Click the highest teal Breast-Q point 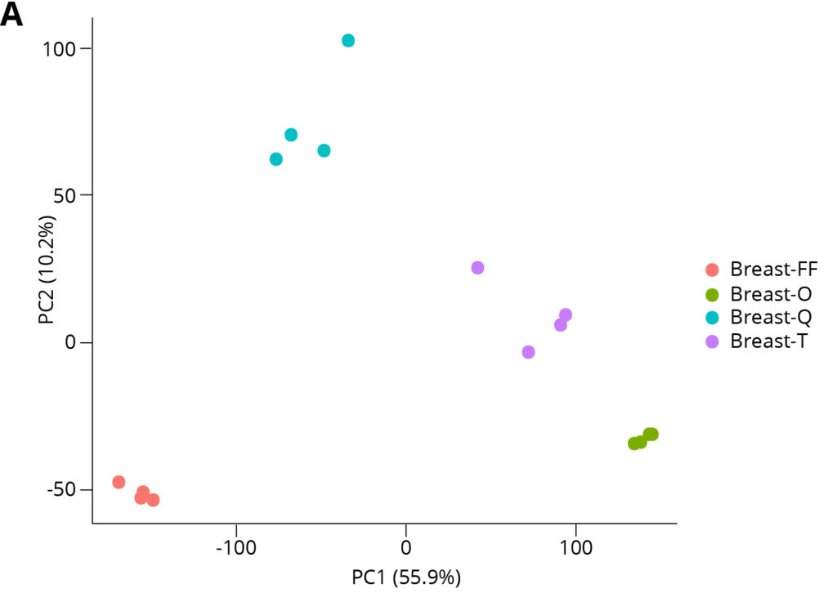point(348,41)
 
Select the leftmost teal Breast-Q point point(276,159)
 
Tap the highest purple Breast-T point point(478,268)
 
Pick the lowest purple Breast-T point point(528,352)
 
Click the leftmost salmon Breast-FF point point(119,482)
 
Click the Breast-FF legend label point(773,270)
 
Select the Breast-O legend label point(771,294)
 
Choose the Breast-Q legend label point(771,318)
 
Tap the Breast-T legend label point(769,341)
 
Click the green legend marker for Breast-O point(712,294)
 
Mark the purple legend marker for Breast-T point(712,341)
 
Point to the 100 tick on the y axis point(60,48)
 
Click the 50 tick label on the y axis point(65,195)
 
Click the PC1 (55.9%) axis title point(406,578)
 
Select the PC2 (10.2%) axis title point(47,270)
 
